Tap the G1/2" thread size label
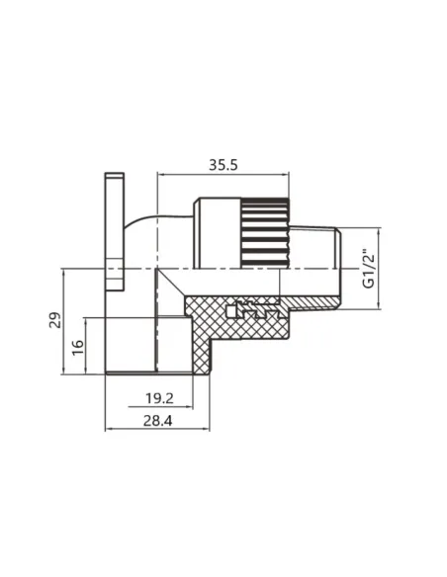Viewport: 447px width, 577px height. pyautogui.click(x=368, y=267)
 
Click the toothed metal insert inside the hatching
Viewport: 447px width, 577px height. pyautogui.click(x=253, y=312)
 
